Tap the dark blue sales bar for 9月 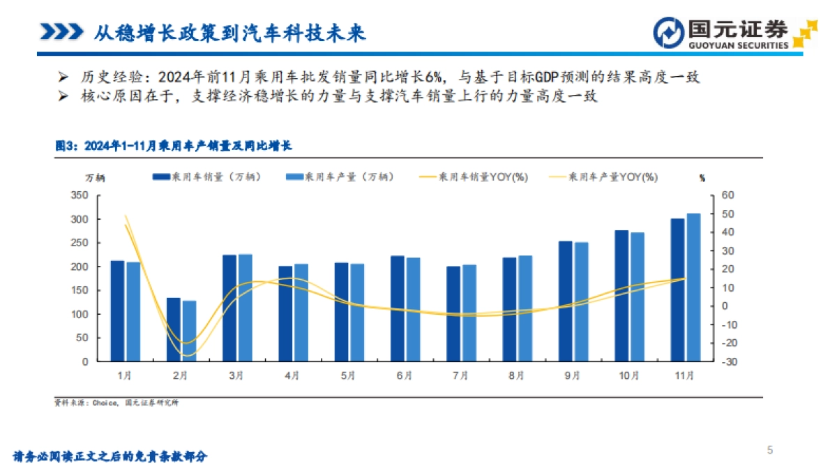pyautogui.click(x=565, y=301)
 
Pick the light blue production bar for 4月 pyautogui.click(x=301, y=313)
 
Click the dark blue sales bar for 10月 pyautogui.click(x=621, y=296)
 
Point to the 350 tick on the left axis pyautogui.click(x=79, y=195)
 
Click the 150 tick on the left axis pyautogui.click(x=79, y=290)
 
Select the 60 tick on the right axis pyautogui.click(x=727, y=195)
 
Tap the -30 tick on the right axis pyautogui.click(x=727, y=361)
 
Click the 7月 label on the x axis pyautogui.click(x=460, y=375)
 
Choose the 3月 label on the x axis pyautogui.click(x=236, y=375)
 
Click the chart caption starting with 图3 pyautogui.click(x=174, y=146)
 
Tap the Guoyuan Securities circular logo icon pyautogui.click(x=668, y=32)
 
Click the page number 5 pyautogui.click(x=770, y=450)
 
